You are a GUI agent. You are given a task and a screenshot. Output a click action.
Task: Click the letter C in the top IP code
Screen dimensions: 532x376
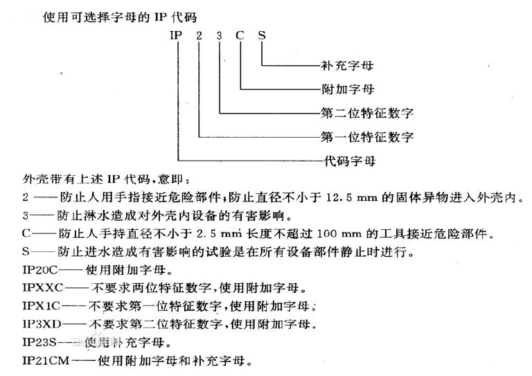(x=240, y=35)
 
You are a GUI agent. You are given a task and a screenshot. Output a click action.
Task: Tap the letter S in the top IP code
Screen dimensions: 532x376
(x=262, y=35)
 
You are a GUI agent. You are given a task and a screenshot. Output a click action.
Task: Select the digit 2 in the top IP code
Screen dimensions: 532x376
(x=199, y=35)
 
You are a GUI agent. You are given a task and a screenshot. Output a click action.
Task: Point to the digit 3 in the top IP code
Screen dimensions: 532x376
(x=220, y=35)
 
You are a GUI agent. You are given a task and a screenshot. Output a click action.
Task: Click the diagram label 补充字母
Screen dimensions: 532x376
(x=347, y=65)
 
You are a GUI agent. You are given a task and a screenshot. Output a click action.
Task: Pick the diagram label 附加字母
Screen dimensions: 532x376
(x=348, y=89)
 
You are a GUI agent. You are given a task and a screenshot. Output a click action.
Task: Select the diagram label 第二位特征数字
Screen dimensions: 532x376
(x=367, y=113)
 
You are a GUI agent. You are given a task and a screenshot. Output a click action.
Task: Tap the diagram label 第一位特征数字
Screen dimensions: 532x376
(x=367, y=137)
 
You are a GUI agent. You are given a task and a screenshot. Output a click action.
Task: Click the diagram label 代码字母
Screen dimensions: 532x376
(x=349, y=161)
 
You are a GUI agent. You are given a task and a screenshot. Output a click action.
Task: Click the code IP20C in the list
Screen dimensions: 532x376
(x=40, y=270)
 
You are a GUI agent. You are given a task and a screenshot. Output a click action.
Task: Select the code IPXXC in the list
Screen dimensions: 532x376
(x=43, y=288)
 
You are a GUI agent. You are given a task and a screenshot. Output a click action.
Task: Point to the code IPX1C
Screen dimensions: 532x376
(x=41, y=306)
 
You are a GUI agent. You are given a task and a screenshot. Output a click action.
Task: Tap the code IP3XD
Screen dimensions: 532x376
(x=42, y=324)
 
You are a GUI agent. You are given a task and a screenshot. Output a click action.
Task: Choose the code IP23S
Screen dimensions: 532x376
(x=39, y=342)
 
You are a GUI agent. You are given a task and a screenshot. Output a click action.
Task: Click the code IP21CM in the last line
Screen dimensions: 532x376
(x=46, y=360)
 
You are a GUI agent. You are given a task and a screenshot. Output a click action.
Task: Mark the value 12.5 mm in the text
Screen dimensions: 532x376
(x=351, y=197)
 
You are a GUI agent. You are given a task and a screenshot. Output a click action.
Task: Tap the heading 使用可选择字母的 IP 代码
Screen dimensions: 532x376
(x=120, y=17)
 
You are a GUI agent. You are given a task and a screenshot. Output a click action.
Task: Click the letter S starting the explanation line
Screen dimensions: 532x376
(x=26, y=251)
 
